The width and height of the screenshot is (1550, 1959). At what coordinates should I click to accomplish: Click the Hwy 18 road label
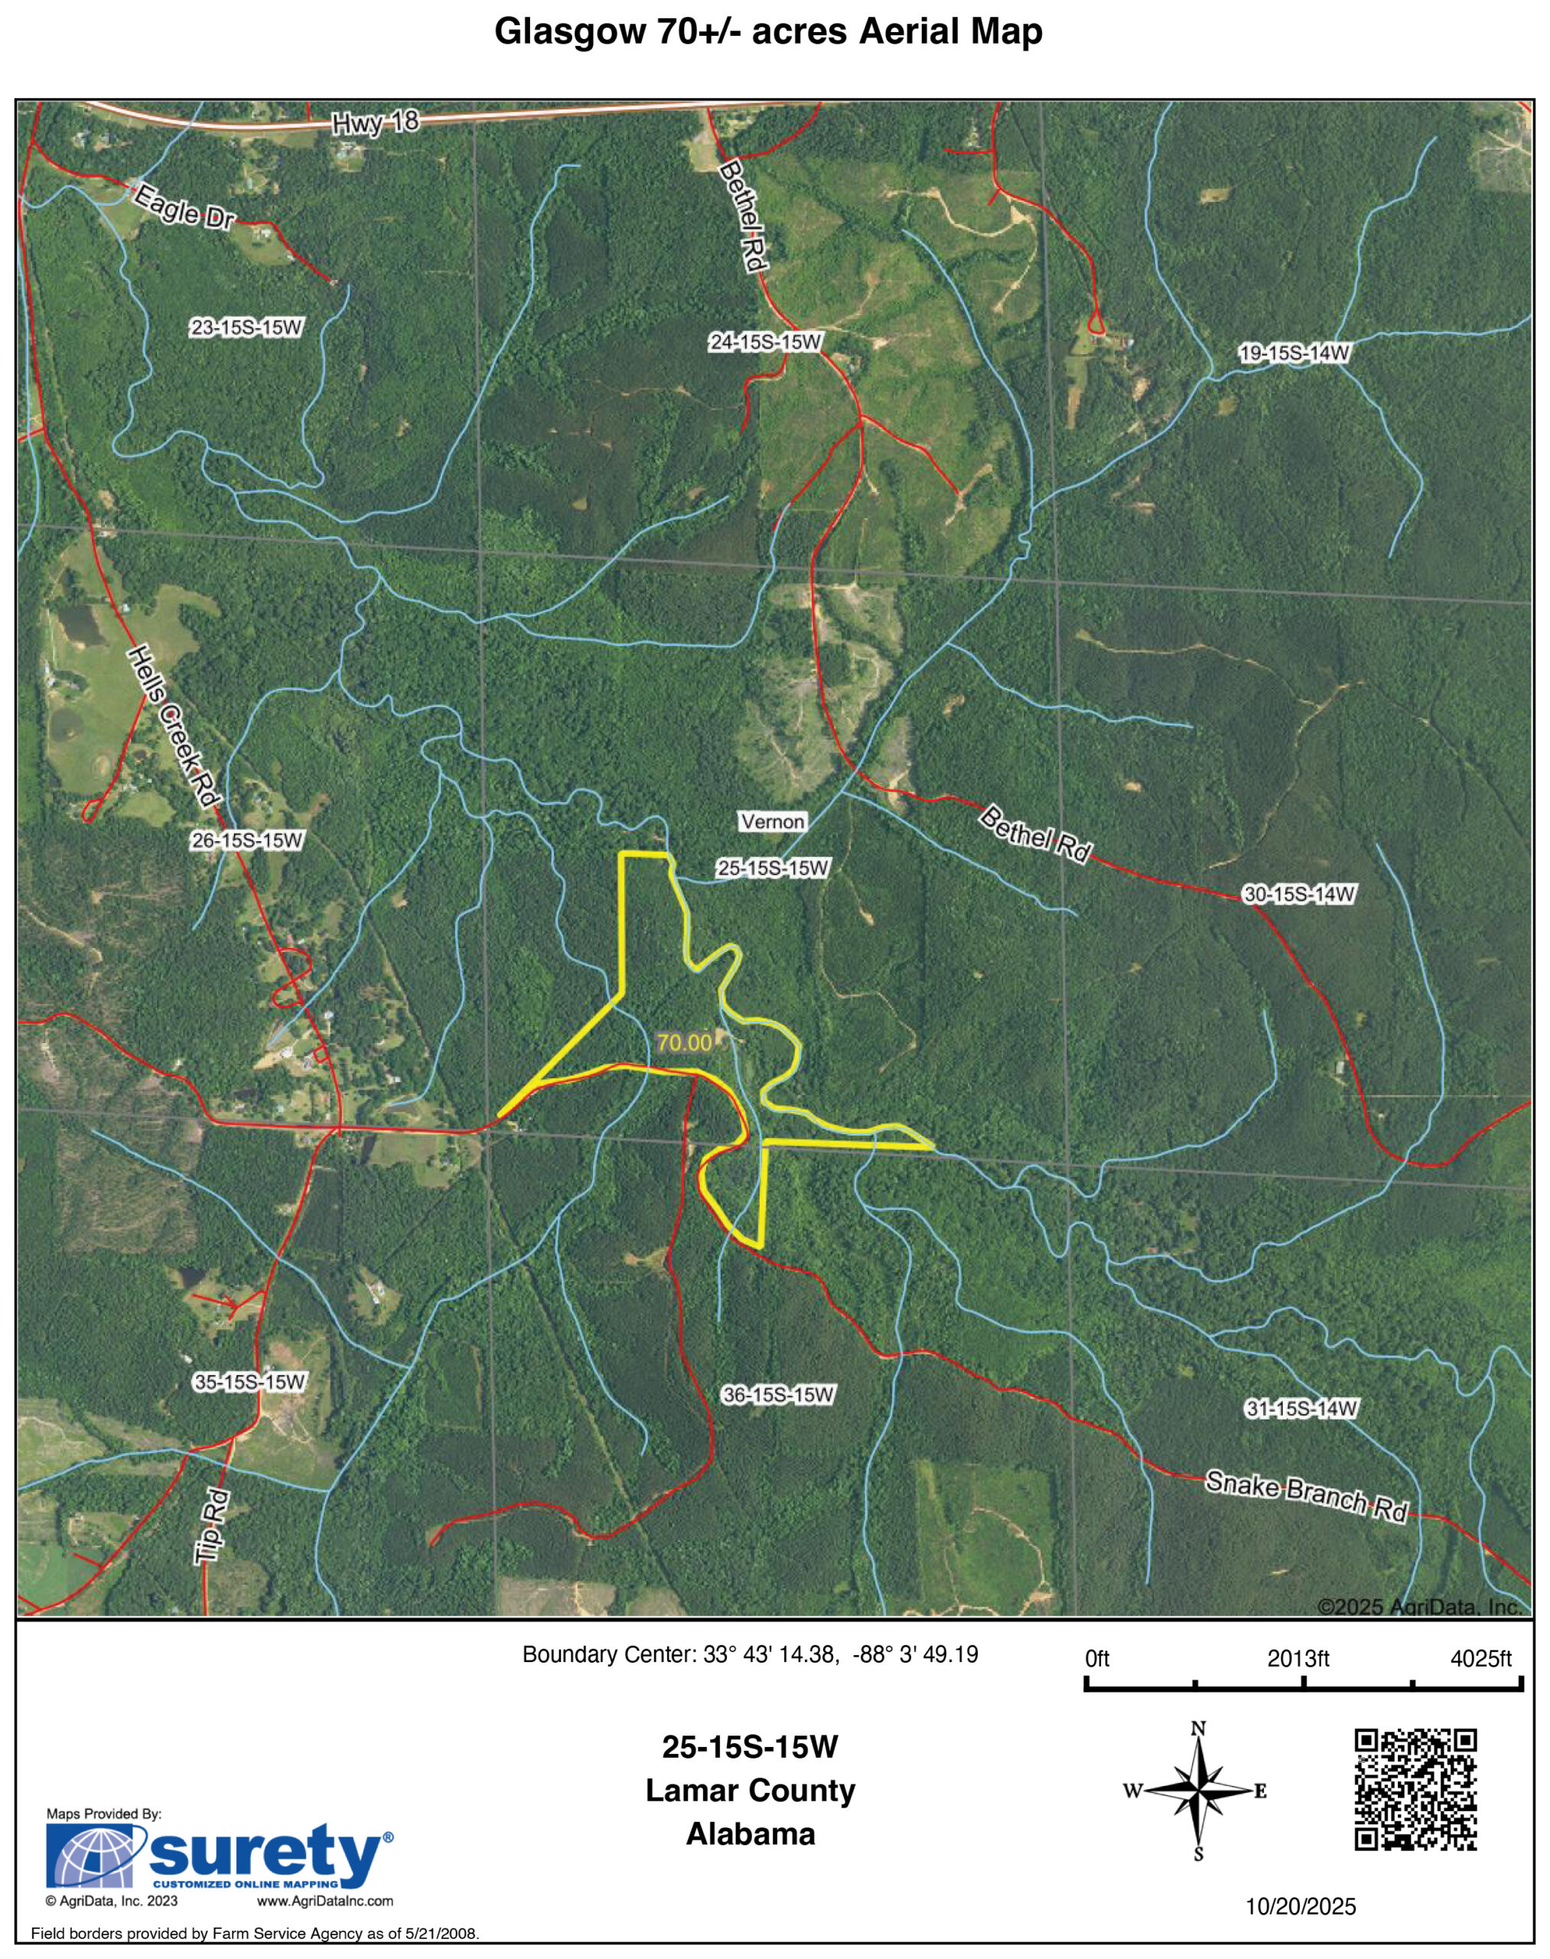[376, 122]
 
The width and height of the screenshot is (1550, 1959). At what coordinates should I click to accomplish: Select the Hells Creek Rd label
[175, 726]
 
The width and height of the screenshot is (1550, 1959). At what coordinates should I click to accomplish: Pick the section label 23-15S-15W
[246, 328]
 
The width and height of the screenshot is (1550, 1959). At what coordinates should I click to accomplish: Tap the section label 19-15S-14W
[1295, 353]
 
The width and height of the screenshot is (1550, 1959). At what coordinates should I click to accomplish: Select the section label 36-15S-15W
[778, 1394]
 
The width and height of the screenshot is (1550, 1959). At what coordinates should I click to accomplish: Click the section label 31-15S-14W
[1301, 1409]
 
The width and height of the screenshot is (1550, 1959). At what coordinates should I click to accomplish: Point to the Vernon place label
[772, 822]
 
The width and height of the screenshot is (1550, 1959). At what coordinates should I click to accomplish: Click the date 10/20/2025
[1301, 1907]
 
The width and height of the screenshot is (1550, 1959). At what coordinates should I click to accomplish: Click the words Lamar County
[751, 1791]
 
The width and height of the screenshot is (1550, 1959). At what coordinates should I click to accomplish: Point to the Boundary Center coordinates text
[750, 1655]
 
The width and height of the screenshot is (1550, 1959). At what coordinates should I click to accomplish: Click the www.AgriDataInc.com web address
[325, 1901]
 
